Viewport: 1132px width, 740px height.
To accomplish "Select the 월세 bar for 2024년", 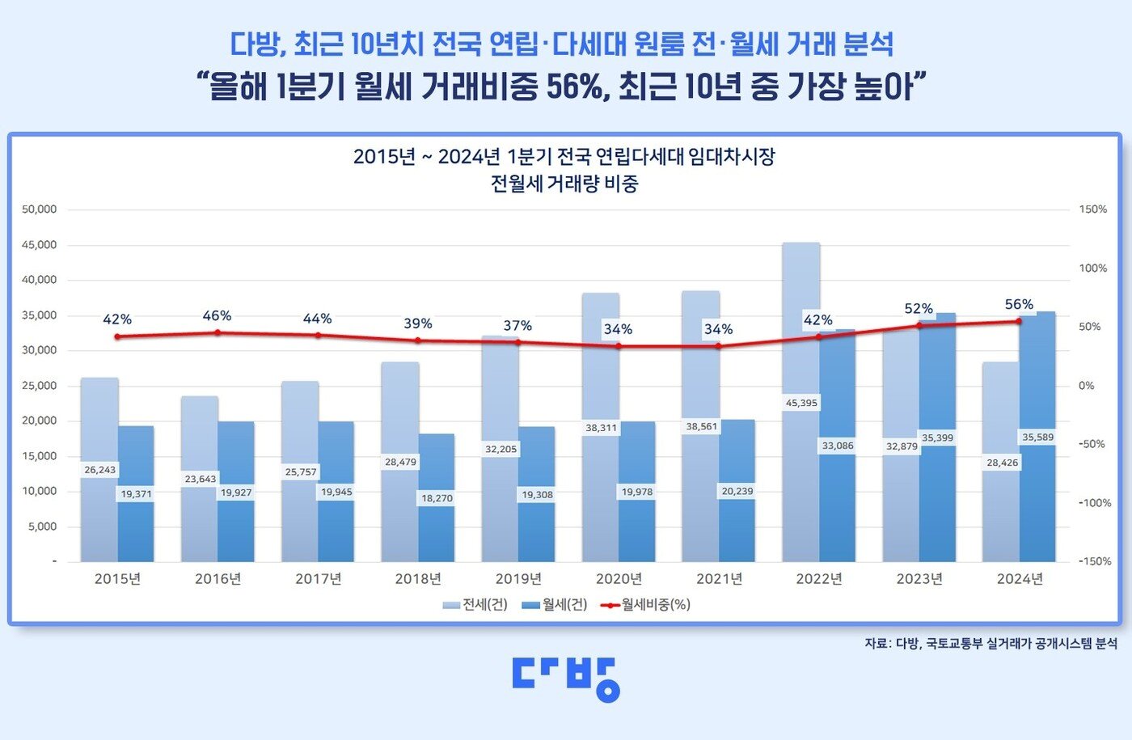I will coord(1037,501).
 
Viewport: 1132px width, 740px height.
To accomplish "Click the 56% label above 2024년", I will coord(1019,305).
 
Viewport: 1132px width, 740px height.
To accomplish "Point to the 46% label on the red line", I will coord(217,316).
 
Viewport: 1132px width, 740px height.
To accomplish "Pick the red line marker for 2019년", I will coord(518,342).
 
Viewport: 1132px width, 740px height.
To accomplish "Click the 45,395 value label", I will coord(801,403).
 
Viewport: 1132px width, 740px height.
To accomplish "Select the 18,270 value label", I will coord(437,498).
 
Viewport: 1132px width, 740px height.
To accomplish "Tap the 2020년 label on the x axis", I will coord(619,579).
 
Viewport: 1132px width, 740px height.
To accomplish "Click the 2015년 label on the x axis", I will coord(117,579).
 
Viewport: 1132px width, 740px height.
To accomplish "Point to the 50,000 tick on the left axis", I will coord(39,209).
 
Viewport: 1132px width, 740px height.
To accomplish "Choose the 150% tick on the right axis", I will coord(1093,209).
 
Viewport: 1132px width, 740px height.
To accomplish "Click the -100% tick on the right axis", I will coord(1094,503).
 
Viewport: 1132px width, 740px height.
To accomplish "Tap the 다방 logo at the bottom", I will coord(566,678).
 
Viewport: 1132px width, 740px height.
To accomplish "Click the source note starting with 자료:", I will coord(990,644).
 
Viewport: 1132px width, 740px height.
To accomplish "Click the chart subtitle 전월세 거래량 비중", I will coord(564,184).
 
